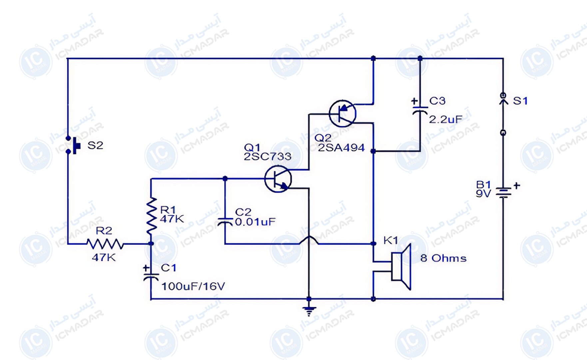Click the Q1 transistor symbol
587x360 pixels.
[278, 179]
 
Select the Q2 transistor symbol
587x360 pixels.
[342, 113]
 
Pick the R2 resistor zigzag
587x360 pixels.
[105, 244]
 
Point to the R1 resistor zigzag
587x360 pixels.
[151, 215]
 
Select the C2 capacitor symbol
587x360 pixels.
[225, 222]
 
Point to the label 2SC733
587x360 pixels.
[268, 156]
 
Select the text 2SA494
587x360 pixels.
[341, 148]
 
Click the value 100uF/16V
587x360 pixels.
[193, 286]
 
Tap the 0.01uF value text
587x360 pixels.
[256, 222]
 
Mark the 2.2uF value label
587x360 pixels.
[445, 119]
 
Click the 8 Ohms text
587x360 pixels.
[443, 258]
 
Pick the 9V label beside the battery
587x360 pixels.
[483, 194]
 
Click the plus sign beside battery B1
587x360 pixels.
[517, 185]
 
